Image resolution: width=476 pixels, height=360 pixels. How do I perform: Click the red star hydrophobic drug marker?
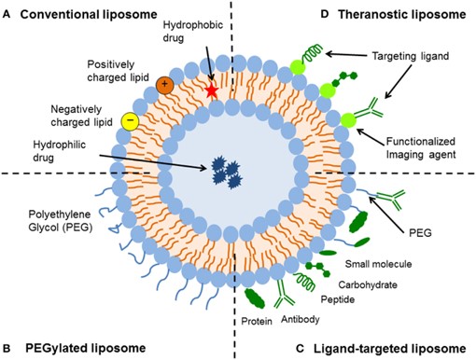coord(212,91)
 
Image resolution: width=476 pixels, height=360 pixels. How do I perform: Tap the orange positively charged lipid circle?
coord(164,84)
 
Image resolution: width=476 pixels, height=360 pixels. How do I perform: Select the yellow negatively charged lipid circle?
coord(131,120)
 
